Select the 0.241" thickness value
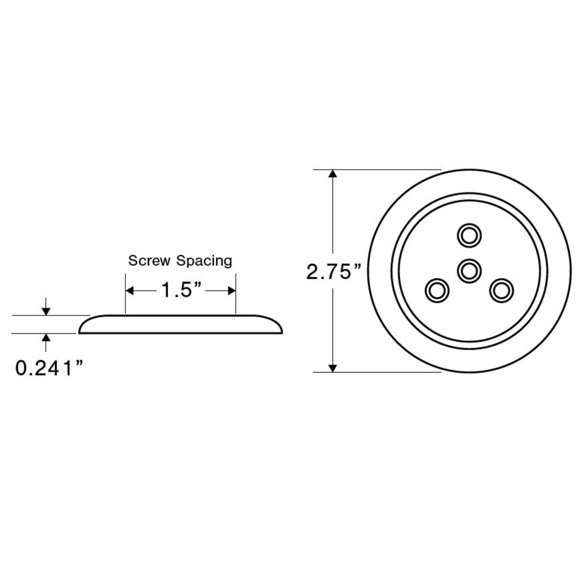coord(50,368)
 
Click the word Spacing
coord(204,261)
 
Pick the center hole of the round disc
coord(469,271)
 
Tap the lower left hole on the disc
coord(437,290)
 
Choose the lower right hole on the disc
coord(501,290)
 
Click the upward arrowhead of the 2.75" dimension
coord(333,175)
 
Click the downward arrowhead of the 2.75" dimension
coord(333,367)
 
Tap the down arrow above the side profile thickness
coord(45,311)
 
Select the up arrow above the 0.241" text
coord(45,337)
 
